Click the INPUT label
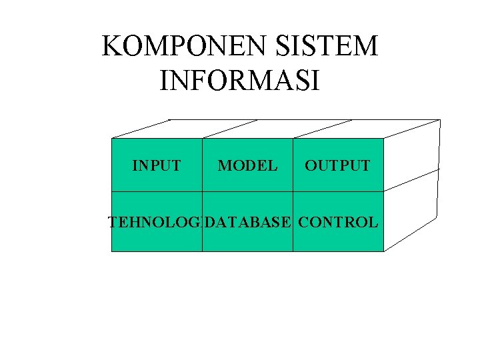[x=157, y=165]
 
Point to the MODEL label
[x=247, y=165]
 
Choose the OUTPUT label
[x=337, y=165]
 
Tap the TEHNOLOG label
[x=155, y=223]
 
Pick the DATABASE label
[x=248, y=223]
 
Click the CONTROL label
[x=338, y=223]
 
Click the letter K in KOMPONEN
[x=111, y=47]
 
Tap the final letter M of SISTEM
[x=366, y=47]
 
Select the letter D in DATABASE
[x=210, y=223]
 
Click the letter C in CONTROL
[x=304, y=223]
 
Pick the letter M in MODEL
[x=224, y=165]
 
